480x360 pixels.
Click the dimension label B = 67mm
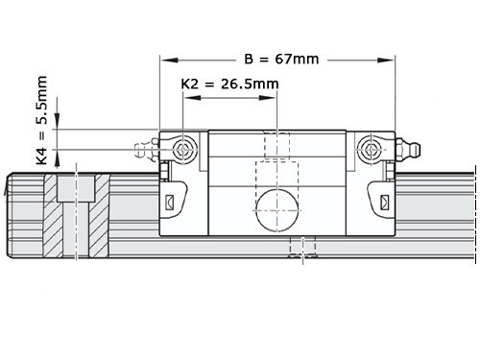[x=280, y=59]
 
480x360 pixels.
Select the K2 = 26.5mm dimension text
[x=229, y=84]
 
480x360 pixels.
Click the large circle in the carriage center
[x=276, y=209]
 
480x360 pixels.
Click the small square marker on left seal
[x=171, y=203]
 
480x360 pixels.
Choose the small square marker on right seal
[x=385, y=203]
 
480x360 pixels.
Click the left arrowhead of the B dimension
[x=165, y=60]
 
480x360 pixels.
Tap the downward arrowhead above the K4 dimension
[x=60, y=122]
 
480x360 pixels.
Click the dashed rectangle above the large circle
[x=276, y=177]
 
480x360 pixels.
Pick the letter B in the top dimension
[x=249, y=59]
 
